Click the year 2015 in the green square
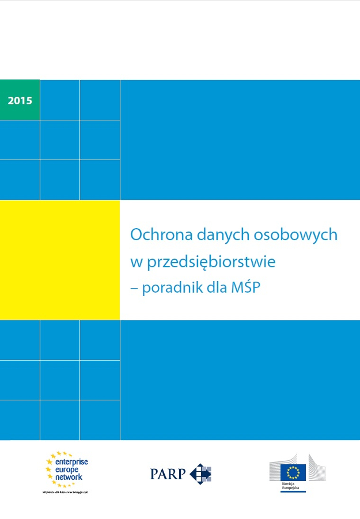point(20,100)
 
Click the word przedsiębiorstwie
point(210,262)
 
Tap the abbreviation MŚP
point(246,287)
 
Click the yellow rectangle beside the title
point(60,260)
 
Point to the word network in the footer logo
point(69,477)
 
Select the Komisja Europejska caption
point(290,487)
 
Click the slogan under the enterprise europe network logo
point(65,493)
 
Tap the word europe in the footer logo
point(69,469)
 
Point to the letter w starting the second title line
point(135,263)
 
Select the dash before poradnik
point(135,288)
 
